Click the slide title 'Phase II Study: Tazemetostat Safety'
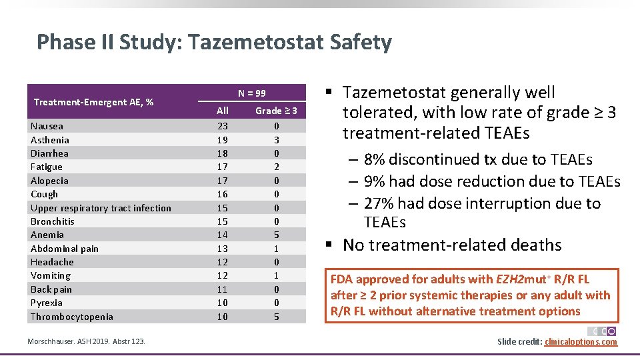pos(214,43)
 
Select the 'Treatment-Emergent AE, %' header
pos(93,102)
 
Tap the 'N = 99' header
pos(252,93)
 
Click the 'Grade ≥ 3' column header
pos(276,111)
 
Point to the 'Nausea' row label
pos(47,126)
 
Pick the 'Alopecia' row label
pos(49,181)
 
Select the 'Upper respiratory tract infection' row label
pos(101,208)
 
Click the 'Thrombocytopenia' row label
pos(72,317)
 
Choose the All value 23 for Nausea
pos(223,126)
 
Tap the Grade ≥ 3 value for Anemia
pos(276,235)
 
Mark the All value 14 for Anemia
pos(223,235)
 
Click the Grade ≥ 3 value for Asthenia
pos(276,140)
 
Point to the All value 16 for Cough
pos(223,194)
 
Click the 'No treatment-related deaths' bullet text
pos(452,245)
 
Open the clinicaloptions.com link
pos(581,342)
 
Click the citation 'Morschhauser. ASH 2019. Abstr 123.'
pos(87,342)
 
